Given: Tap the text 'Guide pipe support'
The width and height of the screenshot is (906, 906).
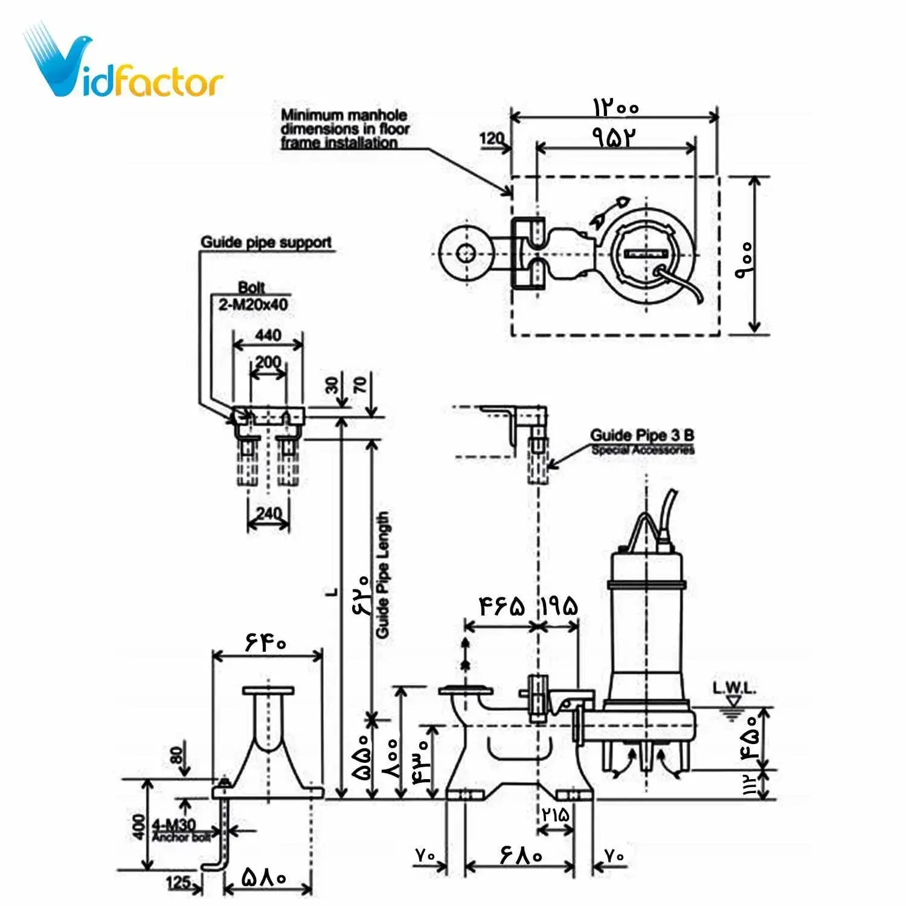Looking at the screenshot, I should (x=266, y=243).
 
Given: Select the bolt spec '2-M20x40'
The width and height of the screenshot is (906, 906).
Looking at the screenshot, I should (x=253, y=304).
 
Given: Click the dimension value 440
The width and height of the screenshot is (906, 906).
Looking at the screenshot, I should (x=268, y=335).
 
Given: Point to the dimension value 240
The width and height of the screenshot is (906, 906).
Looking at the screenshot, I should (x=268, y=513).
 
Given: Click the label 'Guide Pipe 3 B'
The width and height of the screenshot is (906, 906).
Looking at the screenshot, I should (x=642, y=435).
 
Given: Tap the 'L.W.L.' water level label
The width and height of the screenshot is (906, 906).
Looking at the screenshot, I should (x=734, y=688).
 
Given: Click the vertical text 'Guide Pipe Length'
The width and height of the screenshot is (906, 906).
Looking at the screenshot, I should (x=383, y=575).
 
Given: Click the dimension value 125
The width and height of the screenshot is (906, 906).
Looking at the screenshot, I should (x=179, y=882).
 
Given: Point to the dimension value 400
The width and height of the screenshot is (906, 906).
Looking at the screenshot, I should (x=140, y=827).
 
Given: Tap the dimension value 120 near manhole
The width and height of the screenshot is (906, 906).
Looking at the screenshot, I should (x=492, y=138).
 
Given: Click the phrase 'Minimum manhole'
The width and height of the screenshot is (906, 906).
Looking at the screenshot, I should (x=344, y=115).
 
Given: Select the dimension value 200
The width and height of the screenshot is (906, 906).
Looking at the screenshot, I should (x=268, y=362).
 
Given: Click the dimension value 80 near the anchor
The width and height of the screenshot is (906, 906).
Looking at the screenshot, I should (x=176, y=755).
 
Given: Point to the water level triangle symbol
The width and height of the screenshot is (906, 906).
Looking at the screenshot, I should (x=733, y=701).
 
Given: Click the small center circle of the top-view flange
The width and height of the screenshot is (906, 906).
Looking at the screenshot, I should (x=464, y=252).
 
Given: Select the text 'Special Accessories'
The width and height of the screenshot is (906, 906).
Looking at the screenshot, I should (x=643, y=450).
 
